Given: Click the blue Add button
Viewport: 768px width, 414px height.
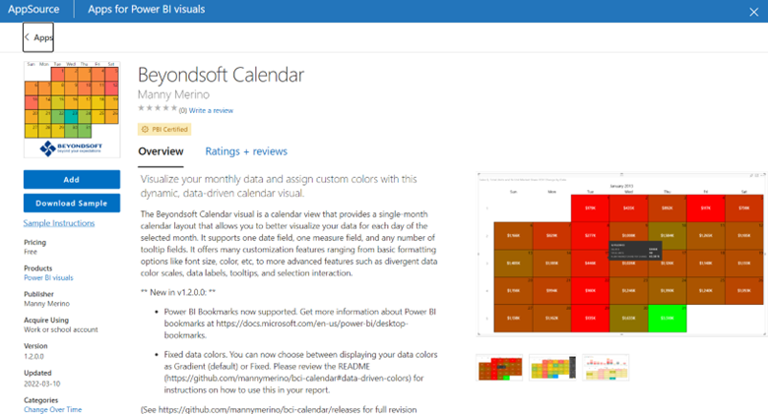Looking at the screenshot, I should pyautogui.click(x=71, y=180).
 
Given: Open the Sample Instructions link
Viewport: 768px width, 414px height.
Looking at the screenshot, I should pyautogui.click(x=59, y=223).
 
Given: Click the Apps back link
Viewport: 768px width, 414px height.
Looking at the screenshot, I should pyautogui.click(x=39, y=37).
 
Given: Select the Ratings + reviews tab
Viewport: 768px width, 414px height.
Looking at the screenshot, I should pyautogui.click(x=246, y=151).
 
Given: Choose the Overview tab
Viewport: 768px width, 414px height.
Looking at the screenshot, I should pyautogui.click(x=160, y=151).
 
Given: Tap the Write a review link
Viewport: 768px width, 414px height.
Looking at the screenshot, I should pyautogui.click(x=212, y=110).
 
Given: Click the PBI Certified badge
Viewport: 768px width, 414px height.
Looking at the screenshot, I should pyautogui.click(x=164, y=129).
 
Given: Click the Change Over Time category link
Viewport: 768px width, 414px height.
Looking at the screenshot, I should pyautogui.click(x=52, y=408).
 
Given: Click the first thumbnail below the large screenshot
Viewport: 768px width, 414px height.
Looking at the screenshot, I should pyautogui.click(x=500, y=370).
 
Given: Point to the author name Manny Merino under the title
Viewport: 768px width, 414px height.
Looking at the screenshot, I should pyautogui.click(x=173, y=94).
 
